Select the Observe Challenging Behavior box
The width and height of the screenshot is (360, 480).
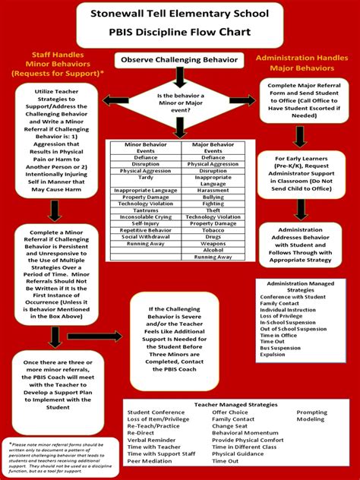click(x=180, y=59)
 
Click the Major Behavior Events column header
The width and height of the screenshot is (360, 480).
click(x=213, y=147)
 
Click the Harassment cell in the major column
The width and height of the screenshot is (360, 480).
click(x=213, y=190)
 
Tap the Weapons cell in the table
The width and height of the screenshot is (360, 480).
click(x=213, y=242)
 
